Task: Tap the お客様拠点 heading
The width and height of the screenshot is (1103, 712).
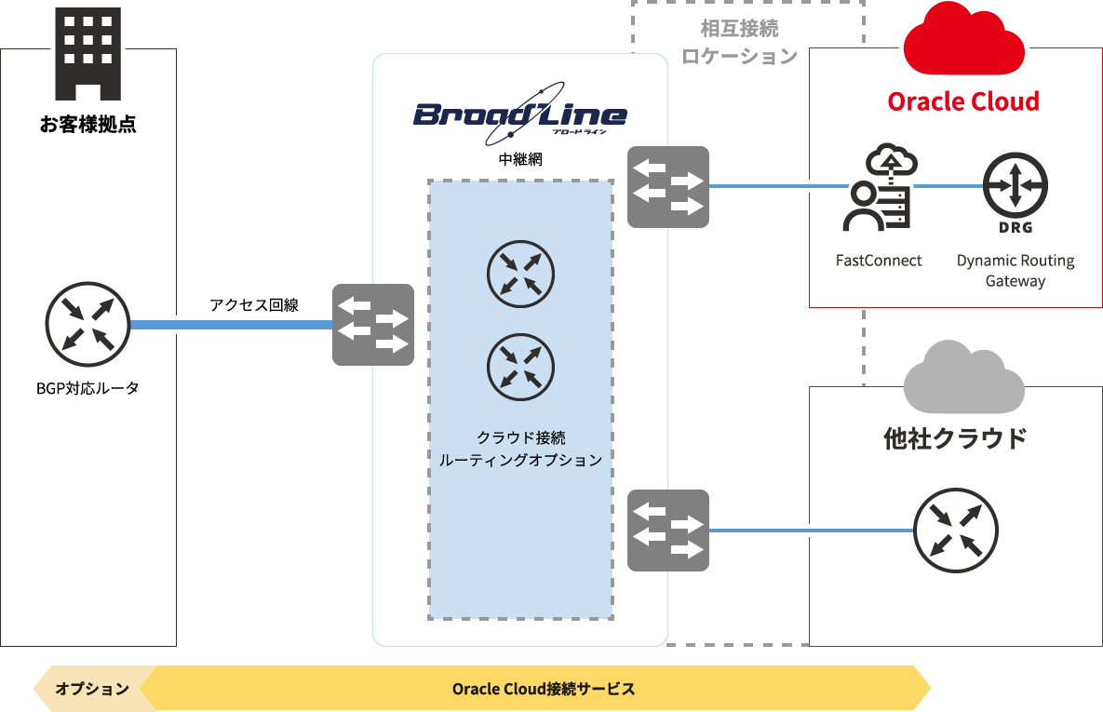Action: pyautogui.click(x=88, y=125)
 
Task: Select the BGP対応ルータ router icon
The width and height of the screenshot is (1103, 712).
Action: pyautogui.click(x=87, y=325)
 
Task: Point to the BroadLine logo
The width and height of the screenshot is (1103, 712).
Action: pyautogui.click(x=520, y=115)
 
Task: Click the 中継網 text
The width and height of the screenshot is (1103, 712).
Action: pyautogui.click(x=520, y=159)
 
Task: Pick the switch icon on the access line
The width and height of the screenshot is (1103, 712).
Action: pyautogui.click(x=373, y=325)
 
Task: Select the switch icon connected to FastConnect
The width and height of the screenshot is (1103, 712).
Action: pyautogui.click(x=668, y=187)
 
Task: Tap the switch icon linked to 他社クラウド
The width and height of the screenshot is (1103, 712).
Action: pyautogui.click(x=668, y=531)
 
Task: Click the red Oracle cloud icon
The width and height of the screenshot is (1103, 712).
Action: pyautogui.click(x=963, y=41)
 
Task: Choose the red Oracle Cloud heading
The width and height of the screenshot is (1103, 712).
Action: pyautogui.click(x=963, y=101)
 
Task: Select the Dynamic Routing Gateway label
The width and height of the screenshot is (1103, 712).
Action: pyautogui.click(x=1016, y=271)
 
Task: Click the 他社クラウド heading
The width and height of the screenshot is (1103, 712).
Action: pyautogui.click(x=955, y=437)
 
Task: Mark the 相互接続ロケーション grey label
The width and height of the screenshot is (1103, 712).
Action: pyautogui.click(x=740, y=43)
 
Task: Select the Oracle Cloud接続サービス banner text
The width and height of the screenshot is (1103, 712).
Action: pyautogui.click(x=544, y=689)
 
